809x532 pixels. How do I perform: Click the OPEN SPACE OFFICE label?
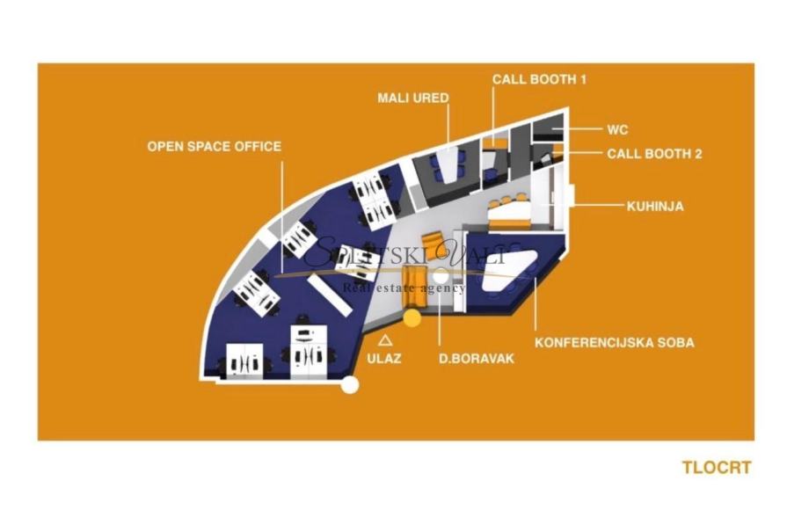pyautogui.click(x=214, y=146)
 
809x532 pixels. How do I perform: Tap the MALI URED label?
pyautogui.click(x=413, y=97)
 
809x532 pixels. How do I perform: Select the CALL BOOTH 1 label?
pyautogui.click(x=539, y=79)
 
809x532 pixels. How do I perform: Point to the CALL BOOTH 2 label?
pyautogui.click(x=655, y=153)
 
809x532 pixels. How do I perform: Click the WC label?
pyautogui.click(x=617, y=129)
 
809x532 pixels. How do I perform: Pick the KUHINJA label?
pyautogui.click(x=655, y=207)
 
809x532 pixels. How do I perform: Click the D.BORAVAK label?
pyautogui.click(x=477, y=359)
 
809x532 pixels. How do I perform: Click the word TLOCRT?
pyautogui.click(x=717, y=468)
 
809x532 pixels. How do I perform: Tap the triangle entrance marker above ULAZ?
pyautogui.click(x=385, y=339)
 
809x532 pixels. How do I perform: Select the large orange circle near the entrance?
pyautogui.click(x=412, y=317)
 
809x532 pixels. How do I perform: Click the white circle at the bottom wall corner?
pyautogui.click(x=351, y=384)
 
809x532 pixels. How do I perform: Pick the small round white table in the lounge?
pyautogui.click(x=441, y=277)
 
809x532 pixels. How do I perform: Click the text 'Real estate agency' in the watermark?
pyautogui.click(x=404, y=288)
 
